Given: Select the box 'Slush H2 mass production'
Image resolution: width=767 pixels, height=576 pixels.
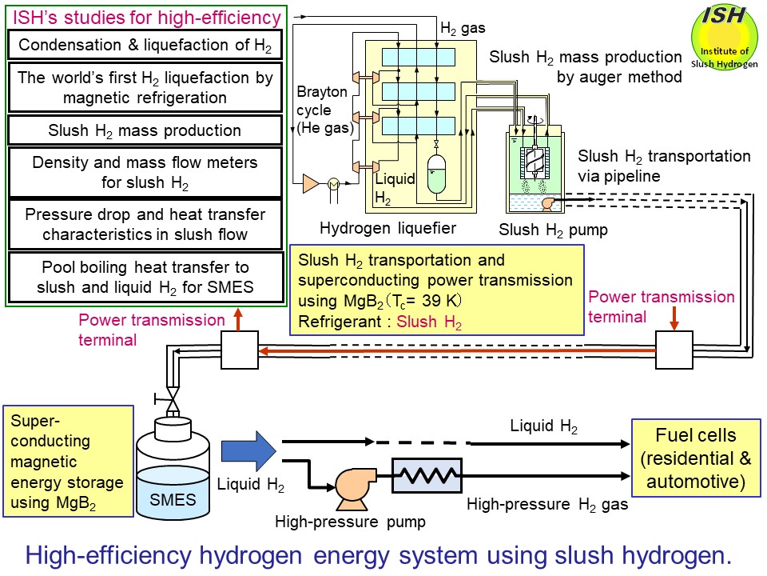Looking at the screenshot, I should [x=145, y=130].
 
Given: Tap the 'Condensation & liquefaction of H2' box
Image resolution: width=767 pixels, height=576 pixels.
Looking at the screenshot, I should [x=145, y=45].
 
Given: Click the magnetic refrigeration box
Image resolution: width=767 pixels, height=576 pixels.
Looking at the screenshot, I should [x=145, y=87].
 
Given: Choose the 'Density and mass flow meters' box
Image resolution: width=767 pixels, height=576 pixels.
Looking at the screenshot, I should [x=145, y=172].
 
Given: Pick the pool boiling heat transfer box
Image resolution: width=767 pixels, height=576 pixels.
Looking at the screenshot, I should [x=145, y=277].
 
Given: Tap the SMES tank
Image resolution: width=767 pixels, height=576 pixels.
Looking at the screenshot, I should [x=173, y=473].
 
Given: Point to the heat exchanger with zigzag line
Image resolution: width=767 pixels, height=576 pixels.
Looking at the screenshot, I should [x=426, y=475].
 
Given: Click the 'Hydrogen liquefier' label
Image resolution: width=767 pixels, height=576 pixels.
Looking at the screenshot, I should [x=387, y=228].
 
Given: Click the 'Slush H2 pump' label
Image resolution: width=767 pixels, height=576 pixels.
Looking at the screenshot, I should [x=553, y=230].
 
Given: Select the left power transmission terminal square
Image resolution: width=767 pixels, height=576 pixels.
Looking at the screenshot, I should [x=240, y=350].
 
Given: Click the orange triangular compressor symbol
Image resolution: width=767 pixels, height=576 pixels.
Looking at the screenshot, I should [x=310, y=183].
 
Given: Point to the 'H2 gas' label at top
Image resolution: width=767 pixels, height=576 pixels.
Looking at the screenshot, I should [x=463, y=27].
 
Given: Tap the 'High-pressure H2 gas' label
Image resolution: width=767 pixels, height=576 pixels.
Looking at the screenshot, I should [x=547, y=505].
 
